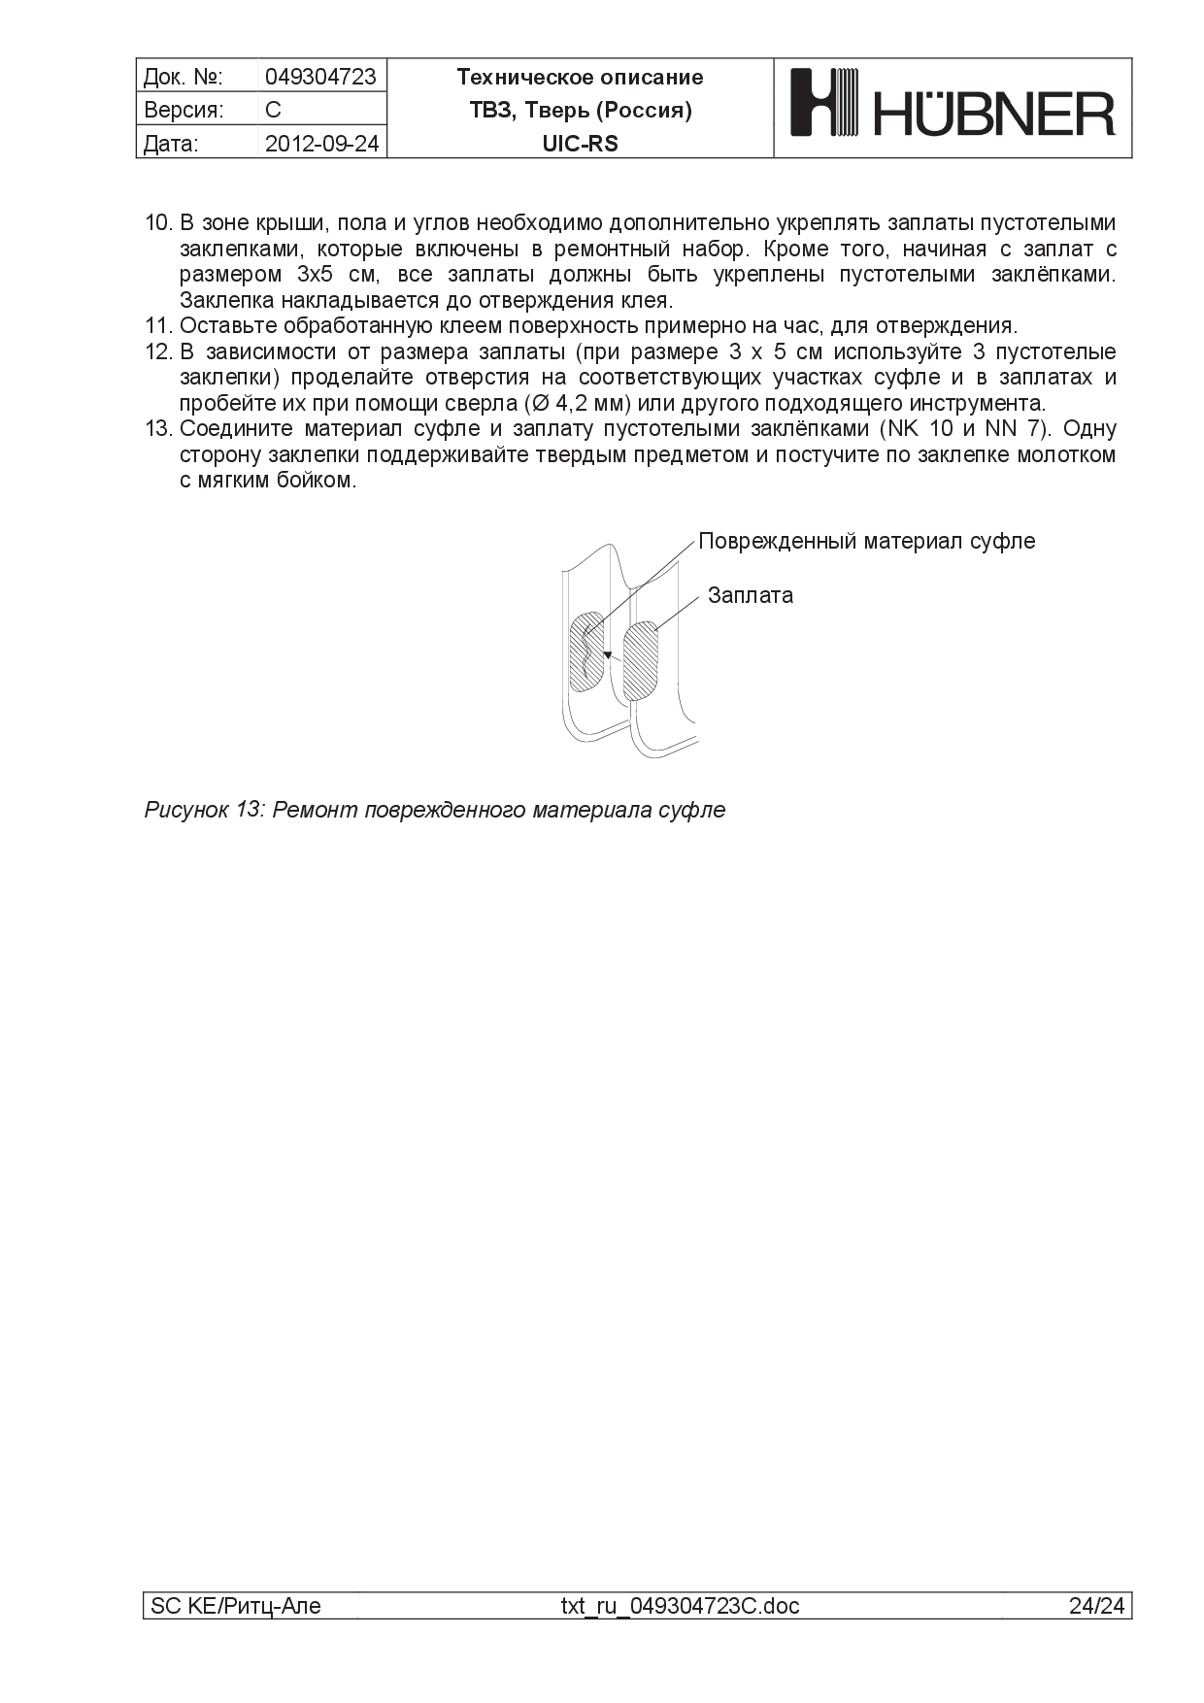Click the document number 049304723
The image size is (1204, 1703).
click(319, 77)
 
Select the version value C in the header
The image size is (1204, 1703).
click(273, 110)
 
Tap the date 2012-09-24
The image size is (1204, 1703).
click(321, 144)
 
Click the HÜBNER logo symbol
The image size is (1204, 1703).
click(825, 101)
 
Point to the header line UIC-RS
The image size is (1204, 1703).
click(580, 144)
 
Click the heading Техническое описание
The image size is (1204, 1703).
click(580, 77)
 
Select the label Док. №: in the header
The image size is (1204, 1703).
click(184, 77)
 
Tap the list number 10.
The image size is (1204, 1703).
click(157, 222)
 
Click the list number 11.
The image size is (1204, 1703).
click(157, 325)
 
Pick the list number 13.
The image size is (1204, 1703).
click(157, 429)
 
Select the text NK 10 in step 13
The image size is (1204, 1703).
click(916, 429)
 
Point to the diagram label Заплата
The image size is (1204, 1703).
click(750, 595)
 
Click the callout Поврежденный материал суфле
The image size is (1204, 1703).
click(866, 541)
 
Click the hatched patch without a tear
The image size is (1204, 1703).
click(640, 661)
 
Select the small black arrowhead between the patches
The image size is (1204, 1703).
click(607, 656)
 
